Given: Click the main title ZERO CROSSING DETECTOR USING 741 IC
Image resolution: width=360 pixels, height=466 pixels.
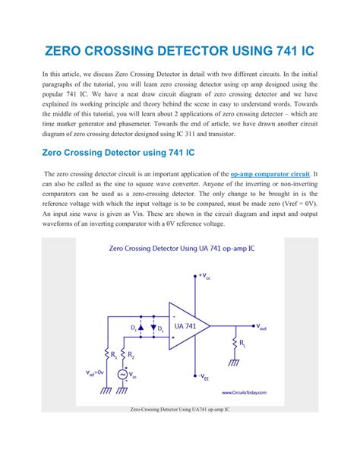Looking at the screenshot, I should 180,52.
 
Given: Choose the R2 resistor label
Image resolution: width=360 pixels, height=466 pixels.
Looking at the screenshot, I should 131,354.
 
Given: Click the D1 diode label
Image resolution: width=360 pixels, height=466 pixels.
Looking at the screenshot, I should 134,328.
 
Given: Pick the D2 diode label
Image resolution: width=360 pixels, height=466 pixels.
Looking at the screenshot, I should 160,328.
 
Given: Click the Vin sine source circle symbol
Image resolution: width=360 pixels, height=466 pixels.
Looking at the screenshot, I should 122,374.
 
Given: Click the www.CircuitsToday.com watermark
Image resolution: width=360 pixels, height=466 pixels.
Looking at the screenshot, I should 244,393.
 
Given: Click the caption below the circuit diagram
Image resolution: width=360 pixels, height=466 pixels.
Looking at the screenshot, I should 179,409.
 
